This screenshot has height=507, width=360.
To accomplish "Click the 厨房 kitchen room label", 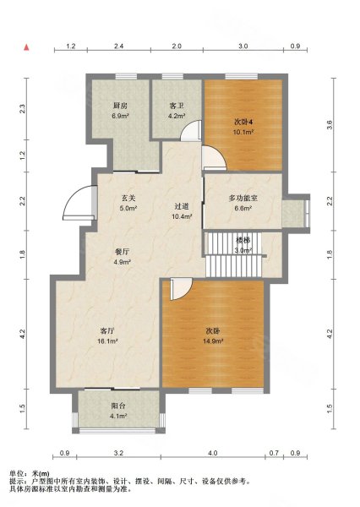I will coord(121,106).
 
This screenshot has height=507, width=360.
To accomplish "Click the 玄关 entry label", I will coord(128,199).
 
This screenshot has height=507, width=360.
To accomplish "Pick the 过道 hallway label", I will coord(182,207).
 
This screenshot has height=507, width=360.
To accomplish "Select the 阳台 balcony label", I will coord(118,405).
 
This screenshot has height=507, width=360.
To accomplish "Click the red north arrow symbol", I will coord(28,48).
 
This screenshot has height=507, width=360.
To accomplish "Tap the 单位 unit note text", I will coord(29,472).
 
